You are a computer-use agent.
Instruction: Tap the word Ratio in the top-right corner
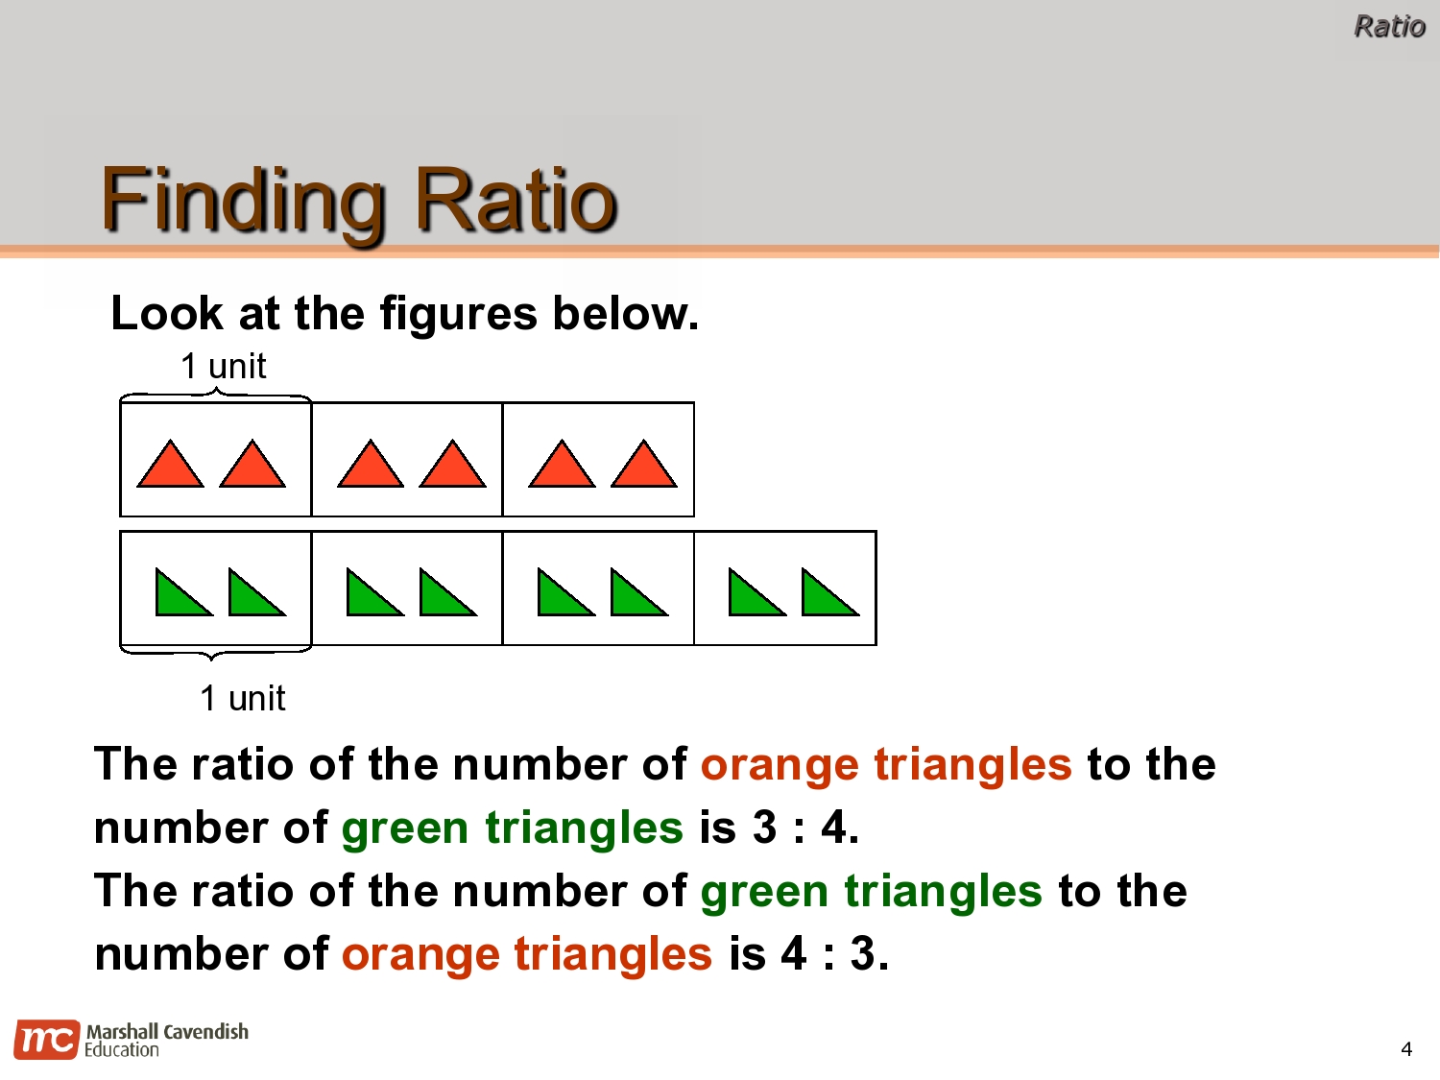(1388, 26)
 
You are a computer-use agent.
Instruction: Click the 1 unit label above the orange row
(223, 367)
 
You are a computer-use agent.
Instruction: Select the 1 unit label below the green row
(242, 698)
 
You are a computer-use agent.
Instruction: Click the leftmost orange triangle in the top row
(170, 467)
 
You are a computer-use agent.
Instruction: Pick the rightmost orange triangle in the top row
(644, 467)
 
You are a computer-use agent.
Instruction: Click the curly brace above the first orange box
(215, 394)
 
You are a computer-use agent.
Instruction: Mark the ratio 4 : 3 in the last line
(834, 954)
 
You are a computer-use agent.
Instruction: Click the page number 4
(1406, 1049)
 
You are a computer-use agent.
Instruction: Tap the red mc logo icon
(46, 1041)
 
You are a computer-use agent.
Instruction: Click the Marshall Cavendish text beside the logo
(167, 1031)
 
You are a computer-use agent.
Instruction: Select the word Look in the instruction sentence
(166, 314)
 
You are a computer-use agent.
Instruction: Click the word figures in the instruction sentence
(458, 314)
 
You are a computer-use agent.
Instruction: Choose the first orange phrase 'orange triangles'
(885, 765)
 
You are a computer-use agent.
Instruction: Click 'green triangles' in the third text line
(871, 892)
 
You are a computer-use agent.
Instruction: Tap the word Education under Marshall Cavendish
(122, 1050)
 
